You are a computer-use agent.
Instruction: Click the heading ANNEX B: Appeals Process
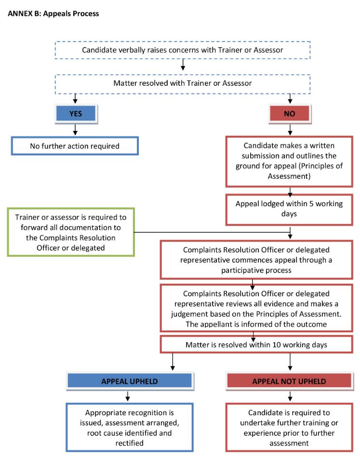click(x=53, y=13)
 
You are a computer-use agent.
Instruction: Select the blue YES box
click(x=76, y=114)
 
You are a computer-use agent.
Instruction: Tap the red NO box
click(x=290, y=114)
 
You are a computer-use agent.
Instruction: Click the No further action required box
click(x=75, y=146)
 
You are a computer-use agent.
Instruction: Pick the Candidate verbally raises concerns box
click(x=183, y=50)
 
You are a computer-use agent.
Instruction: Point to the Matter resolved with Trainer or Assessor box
click(x=183, y=84)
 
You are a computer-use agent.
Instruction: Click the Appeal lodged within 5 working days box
click(x=289, y=210)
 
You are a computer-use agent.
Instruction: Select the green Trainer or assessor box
click(x=71, y=232)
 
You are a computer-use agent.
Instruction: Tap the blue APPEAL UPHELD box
click(x=130, y=382)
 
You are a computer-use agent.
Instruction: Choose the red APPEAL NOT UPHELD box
click(x=290, y=382)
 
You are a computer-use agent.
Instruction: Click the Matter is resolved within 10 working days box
click(x=256, y=344)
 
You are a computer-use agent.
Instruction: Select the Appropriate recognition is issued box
click(x=130, y=427)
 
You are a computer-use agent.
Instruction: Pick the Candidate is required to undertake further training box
click(x=289, y=427)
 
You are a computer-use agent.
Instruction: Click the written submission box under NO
click(x=289, y=161)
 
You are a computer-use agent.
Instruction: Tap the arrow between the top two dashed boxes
click(x=183, y=65)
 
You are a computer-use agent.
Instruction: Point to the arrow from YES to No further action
click(x=75, y=130)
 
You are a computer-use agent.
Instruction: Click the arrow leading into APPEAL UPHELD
click(x=173, y=362)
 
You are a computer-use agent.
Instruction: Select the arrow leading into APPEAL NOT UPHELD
click(x=290, y=362)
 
